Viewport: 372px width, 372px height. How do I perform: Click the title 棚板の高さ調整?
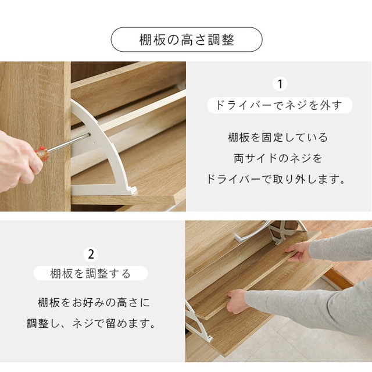click(186, 40)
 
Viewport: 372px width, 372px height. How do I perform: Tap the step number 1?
click(280, 85)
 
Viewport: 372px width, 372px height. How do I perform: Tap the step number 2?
click(91, 254)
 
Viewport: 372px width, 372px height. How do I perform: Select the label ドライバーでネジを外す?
click(280, 105)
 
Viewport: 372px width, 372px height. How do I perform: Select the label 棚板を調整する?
click(91, 273)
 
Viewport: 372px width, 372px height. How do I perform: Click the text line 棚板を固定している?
click(278, 138)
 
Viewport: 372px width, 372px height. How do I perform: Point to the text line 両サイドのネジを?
click(279, 158)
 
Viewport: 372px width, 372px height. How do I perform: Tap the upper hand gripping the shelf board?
click(299, 251)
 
